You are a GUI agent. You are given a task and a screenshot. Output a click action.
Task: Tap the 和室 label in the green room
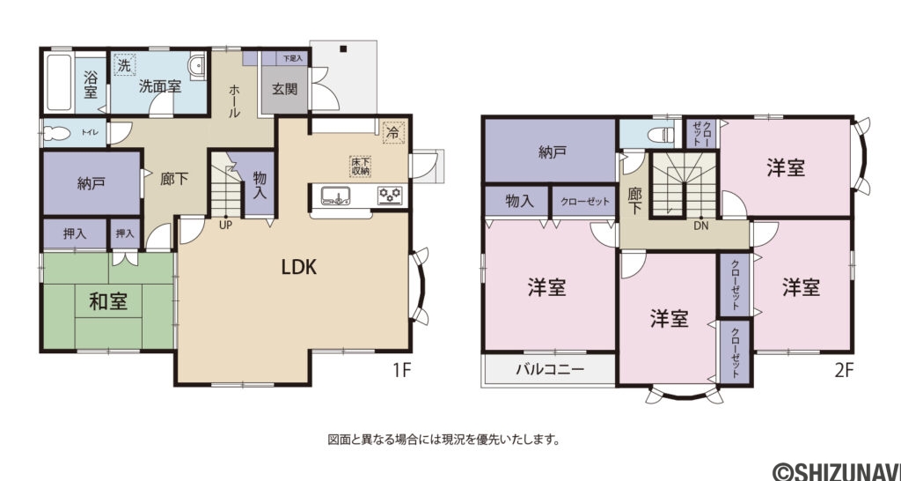(x=108, y=301)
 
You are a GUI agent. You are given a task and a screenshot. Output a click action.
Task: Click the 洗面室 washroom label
(x=160, y=86)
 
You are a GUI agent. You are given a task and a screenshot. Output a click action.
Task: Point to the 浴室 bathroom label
(x=91, y=85)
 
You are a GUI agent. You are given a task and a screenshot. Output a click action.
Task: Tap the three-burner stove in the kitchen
(x=390, y=195)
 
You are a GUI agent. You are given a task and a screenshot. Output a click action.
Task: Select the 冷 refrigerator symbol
(x=392, y=130)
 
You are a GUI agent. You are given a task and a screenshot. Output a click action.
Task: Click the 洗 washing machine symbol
(x=124, y=65)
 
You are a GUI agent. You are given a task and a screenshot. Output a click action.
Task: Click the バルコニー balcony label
(x=549, y=370)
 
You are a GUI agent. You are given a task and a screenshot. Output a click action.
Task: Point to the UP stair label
(x=225, y=224)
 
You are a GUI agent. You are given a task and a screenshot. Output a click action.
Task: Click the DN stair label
(x=700, y=226)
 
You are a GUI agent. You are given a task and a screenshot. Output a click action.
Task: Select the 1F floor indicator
(x=401, y=371)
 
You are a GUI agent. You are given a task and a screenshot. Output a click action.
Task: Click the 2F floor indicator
(x=844, y=371)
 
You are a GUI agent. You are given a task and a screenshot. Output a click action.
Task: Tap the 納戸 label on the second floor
(x=552, y=152)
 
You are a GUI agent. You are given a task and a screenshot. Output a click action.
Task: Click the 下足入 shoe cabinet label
(x=291, y=58)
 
